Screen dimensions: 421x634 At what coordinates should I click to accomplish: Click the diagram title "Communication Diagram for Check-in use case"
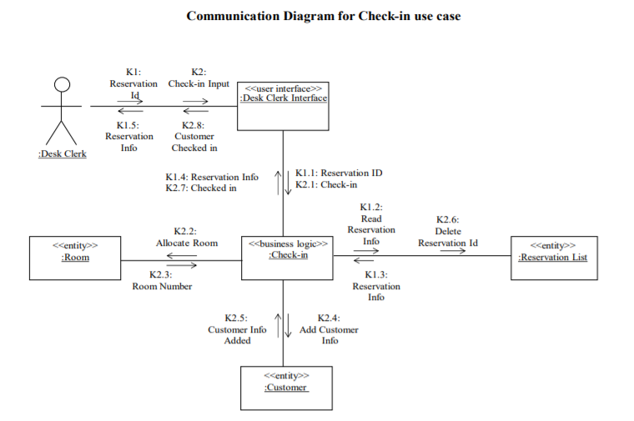(323, 16)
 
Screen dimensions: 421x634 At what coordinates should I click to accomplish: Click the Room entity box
(75, 258)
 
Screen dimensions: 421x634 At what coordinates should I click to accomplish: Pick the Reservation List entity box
(553, 258)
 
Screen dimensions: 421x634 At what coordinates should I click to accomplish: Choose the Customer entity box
(286, 388)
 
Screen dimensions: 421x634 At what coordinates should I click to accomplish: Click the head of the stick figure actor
(61, 83)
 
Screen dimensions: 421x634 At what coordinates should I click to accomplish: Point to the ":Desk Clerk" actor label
(62, 153)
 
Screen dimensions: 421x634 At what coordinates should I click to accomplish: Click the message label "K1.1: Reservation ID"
(339, 173)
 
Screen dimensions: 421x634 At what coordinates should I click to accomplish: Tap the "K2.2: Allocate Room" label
(187, 237)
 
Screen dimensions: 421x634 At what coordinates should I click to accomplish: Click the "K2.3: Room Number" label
(162, 280)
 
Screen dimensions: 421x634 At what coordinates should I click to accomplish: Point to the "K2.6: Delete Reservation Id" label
(448, 232)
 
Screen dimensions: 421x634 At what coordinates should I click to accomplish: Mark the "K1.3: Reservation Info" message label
(376, 286)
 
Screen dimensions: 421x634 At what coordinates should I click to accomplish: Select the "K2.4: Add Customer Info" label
(330, 329)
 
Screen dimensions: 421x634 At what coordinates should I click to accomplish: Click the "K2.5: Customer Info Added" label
(237, 329)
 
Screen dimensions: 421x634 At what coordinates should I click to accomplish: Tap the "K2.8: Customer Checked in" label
(194, 137)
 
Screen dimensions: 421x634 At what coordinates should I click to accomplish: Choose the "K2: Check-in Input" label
(199, 78)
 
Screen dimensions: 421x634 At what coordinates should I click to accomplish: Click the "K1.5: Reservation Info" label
(129, 137)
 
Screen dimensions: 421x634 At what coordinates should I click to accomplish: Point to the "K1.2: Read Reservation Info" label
(371, 224)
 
